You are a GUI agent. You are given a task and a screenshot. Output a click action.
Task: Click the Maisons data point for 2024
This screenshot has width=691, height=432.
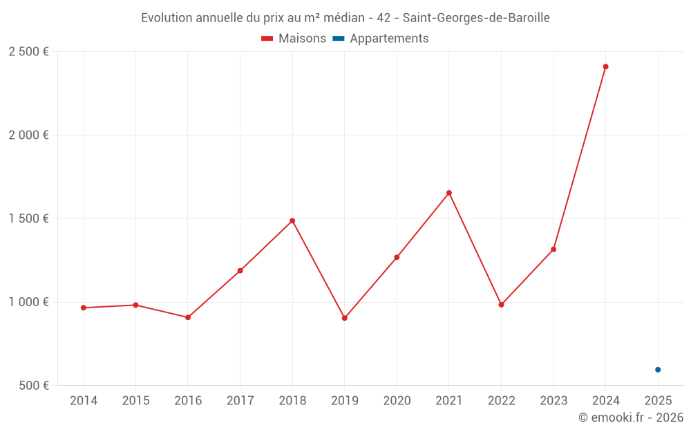pyautogui.click(x=605, y=67)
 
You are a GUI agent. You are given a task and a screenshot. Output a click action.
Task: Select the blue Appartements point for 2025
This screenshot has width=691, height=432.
pyautogui.click(x=658, y=370)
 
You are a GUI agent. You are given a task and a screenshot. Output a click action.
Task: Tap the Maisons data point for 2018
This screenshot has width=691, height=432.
pyautogui.click(x=292, y=221)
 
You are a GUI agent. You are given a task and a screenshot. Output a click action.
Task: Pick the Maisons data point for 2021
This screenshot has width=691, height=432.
pyautogui.click(x=449, y=193)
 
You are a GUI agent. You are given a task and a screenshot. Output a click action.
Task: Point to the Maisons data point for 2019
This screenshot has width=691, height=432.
pyautogui.click(x=345, y=318)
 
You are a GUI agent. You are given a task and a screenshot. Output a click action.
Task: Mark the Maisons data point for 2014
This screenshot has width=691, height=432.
pyautogui.click(x=84, y=308)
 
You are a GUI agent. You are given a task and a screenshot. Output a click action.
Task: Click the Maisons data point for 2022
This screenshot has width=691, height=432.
pyautogui.click(x=501, y=305)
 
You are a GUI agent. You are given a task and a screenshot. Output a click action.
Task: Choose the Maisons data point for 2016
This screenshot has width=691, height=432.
pyautogui.click(x=188, y=317)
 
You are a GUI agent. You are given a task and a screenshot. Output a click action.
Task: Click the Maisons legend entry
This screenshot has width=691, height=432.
pyautogui.click(x=294, y=39)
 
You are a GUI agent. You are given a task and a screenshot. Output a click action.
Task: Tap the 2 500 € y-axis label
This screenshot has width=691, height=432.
pyautogui.click(x=28, y=52)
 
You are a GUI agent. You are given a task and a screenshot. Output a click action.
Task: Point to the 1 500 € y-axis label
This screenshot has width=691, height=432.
pyautogui.click(x=28, y=218)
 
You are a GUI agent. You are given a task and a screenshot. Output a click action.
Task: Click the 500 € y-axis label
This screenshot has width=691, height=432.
pyautogui.click(x=33, y=386)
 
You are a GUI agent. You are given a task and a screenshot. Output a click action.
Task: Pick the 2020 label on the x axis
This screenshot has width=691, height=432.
pyautogui.click(x=397, y=401)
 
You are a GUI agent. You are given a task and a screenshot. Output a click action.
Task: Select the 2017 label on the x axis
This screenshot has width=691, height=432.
pyautogui.click(x=240, y=401)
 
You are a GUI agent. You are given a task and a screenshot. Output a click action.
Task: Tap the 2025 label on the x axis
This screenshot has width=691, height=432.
pyautogui.click(x=658, y=401)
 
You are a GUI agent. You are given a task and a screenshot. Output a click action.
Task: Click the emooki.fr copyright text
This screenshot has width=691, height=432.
pyautogui.click(x=631, y=417)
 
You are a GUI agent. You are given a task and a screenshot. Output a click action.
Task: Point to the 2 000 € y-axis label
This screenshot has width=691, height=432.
pyautogui.click(x=28, y=135)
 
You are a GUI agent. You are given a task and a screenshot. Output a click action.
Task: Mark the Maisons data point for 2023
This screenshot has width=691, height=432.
pyautogui.click(x=553, y=249)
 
